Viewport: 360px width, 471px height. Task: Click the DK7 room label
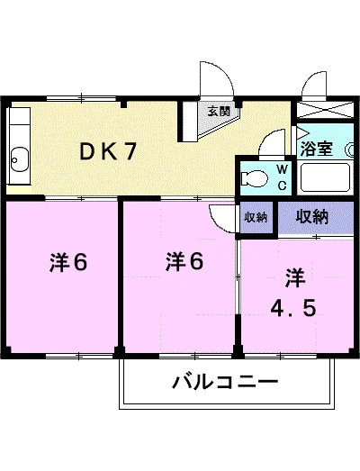click(108, 151)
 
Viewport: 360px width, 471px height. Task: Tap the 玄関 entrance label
click(220, 112)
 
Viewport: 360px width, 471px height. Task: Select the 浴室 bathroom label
click(317, 148)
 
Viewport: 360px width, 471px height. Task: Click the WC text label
click(283, 177)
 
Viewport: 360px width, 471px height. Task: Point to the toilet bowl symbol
click(255, 178)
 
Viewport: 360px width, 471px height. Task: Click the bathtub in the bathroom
click(325, 177)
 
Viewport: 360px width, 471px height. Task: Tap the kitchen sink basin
click(20, 159)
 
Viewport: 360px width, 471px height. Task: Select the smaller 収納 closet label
click(256, 217)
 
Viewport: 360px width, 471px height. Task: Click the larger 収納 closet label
click(312, 216)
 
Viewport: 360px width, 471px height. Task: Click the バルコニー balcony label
click(226, 382)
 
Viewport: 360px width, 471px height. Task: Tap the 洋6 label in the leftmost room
click(68, 262)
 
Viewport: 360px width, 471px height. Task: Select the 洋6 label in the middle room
click(184, 261)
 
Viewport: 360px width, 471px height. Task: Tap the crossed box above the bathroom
click(325, 109)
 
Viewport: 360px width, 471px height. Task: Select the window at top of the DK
click(82, 97)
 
